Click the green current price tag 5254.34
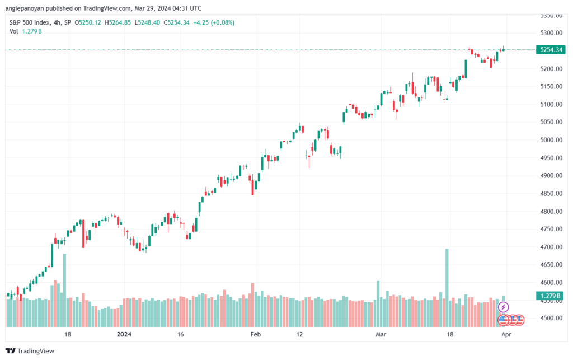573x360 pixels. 551,50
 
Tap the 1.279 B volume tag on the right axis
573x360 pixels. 551,296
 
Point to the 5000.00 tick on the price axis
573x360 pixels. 551,140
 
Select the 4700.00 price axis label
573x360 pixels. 551,247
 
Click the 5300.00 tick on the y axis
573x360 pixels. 551,33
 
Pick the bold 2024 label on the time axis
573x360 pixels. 124,334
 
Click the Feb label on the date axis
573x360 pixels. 255,334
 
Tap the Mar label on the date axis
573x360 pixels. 381,334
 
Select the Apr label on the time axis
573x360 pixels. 506,334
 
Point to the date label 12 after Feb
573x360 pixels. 300,334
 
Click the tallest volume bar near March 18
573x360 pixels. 447,288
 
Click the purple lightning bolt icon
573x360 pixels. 503,307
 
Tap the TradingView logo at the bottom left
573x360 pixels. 30,351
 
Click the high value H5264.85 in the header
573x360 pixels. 118,22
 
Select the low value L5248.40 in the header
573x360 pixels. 147,22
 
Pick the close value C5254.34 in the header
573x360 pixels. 176,22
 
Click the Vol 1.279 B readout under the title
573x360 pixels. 26,31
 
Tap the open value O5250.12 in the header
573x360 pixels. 88,22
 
